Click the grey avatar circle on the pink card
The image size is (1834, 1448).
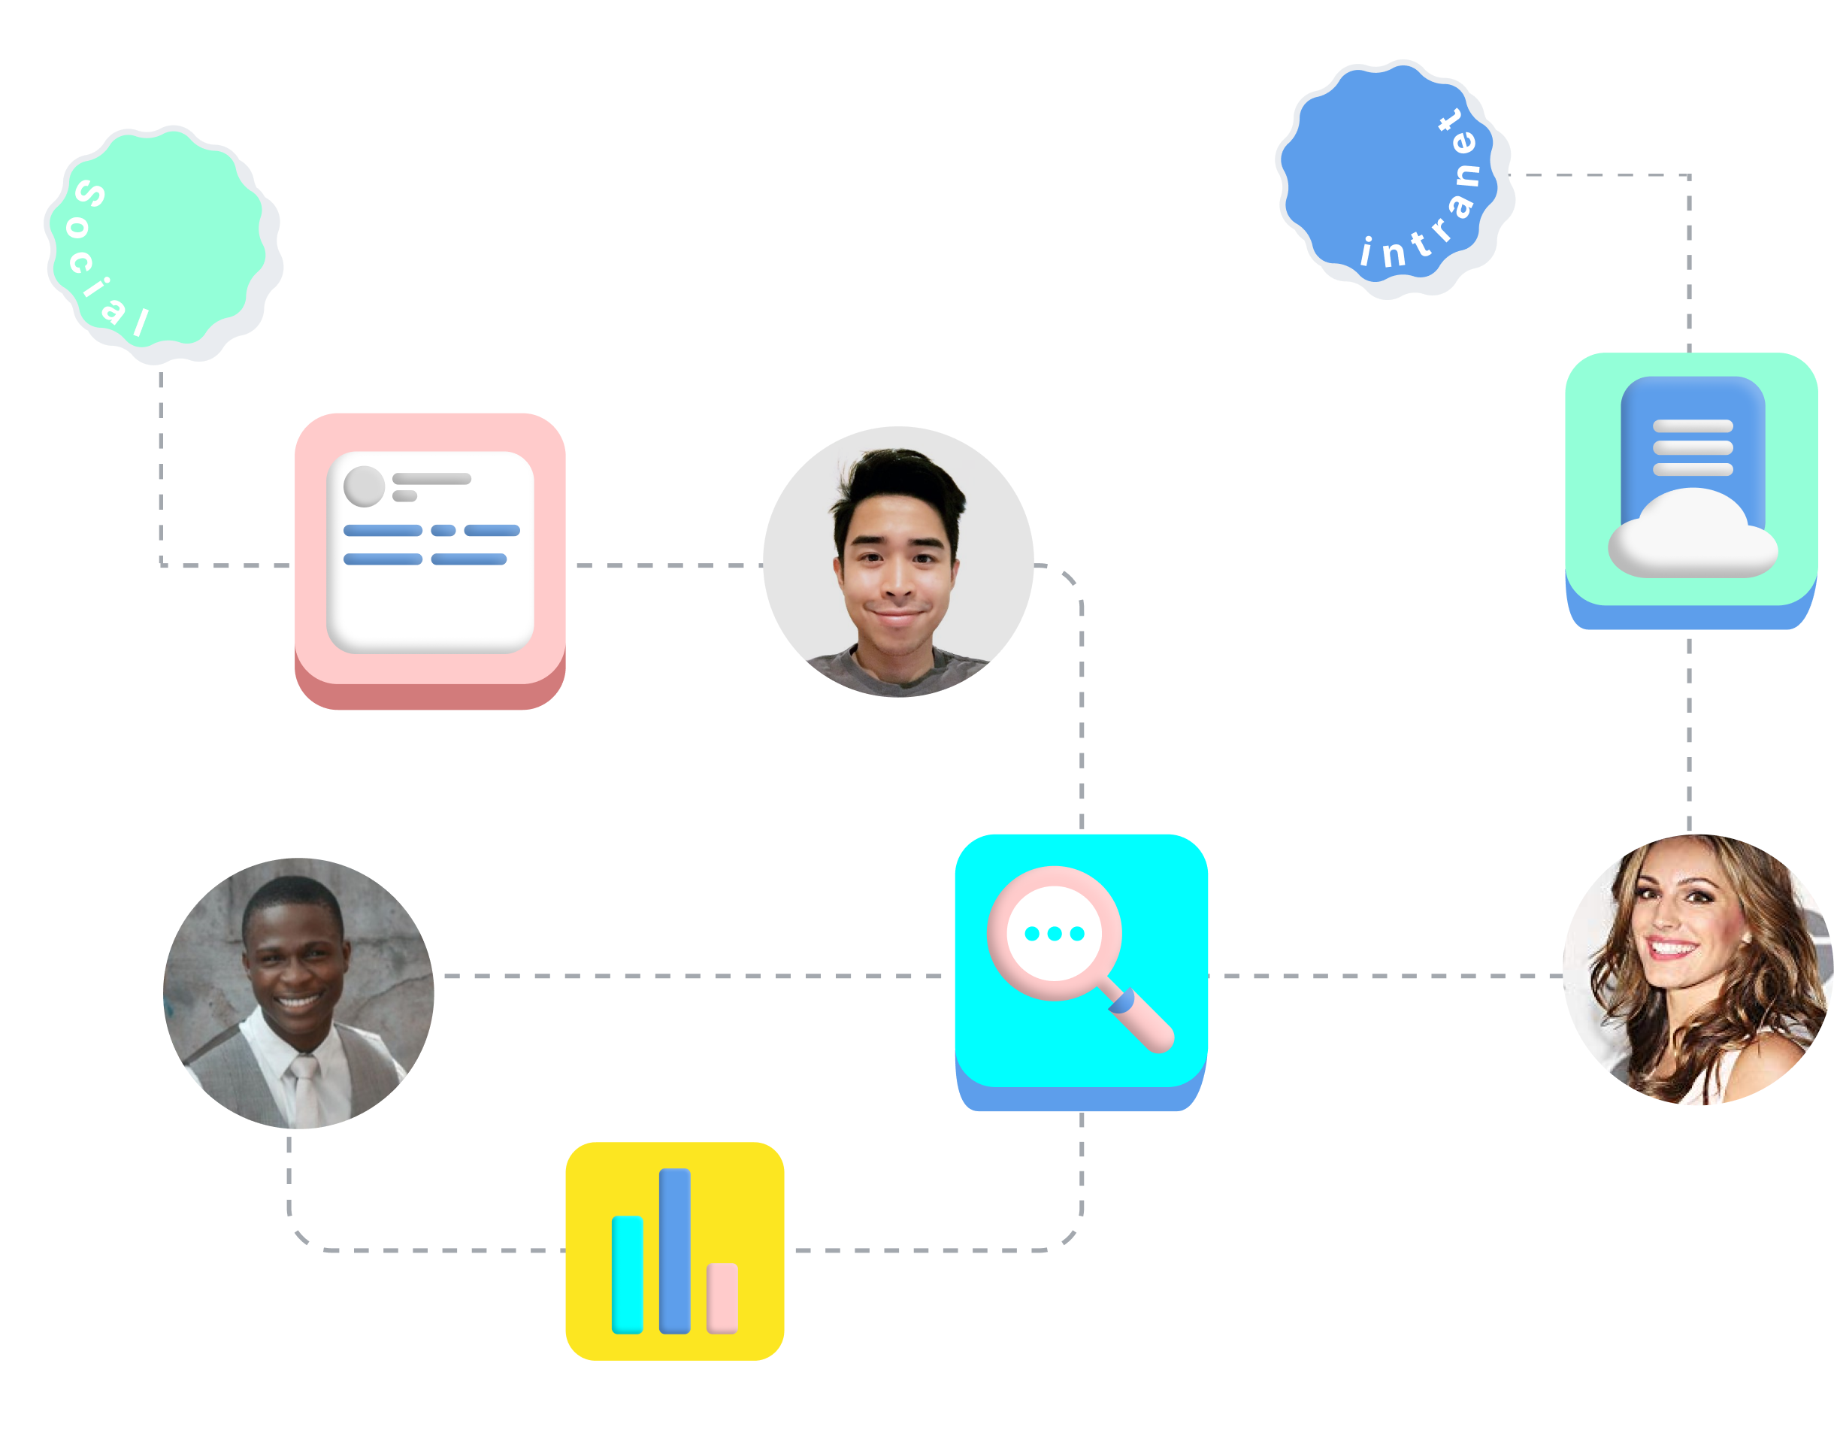coord(364,486)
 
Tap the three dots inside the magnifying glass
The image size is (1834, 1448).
coord(1055,934)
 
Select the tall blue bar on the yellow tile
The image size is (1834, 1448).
coord(675,1250)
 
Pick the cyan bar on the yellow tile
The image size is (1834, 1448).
coord(627,1274)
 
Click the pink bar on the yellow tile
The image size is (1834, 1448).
coord(722,1298)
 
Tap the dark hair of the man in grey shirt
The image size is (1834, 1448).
coord(898,483)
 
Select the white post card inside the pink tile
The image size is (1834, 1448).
coord(431,593)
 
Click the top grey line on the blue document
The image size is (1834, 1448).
coord(1693,426)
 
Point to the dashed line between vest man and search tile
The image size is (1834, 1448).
coord(691,977)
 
